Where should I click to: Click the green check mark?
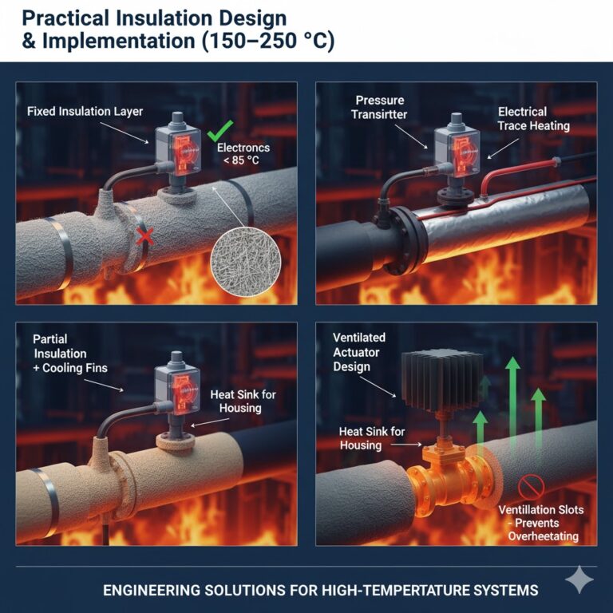(x=220, y=131)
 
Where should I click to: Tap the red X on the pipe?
(x=144, y=237)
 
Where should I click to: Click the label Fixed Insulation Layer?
(x=85, y=112)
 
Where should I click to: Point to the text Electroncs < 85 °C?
(x=243, y=153)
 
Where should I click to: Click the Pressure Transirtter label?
(x=379, y=108)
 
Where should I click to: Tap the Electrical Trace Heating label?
(x=534, y=119)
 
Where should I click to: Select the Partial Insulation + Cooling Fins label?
(x=70, y=354)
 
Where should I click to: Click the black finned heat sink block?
(x=441, y=380)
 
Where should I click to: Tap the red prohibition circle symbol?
(x=531, y=487)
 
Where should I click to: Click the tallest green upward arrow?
(x=512, y=402)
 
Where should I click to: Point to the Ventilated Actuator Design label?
(x=359, y=352)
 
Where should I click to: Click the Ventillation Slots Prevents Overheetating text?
(x=541, y=523)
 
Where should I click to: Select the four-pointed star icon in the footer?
(x=579, y=579)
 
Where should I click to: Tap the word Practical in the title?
(x=65, y=18)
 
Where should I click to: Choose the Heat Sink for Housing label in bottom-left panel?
(x=243, y=401)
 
